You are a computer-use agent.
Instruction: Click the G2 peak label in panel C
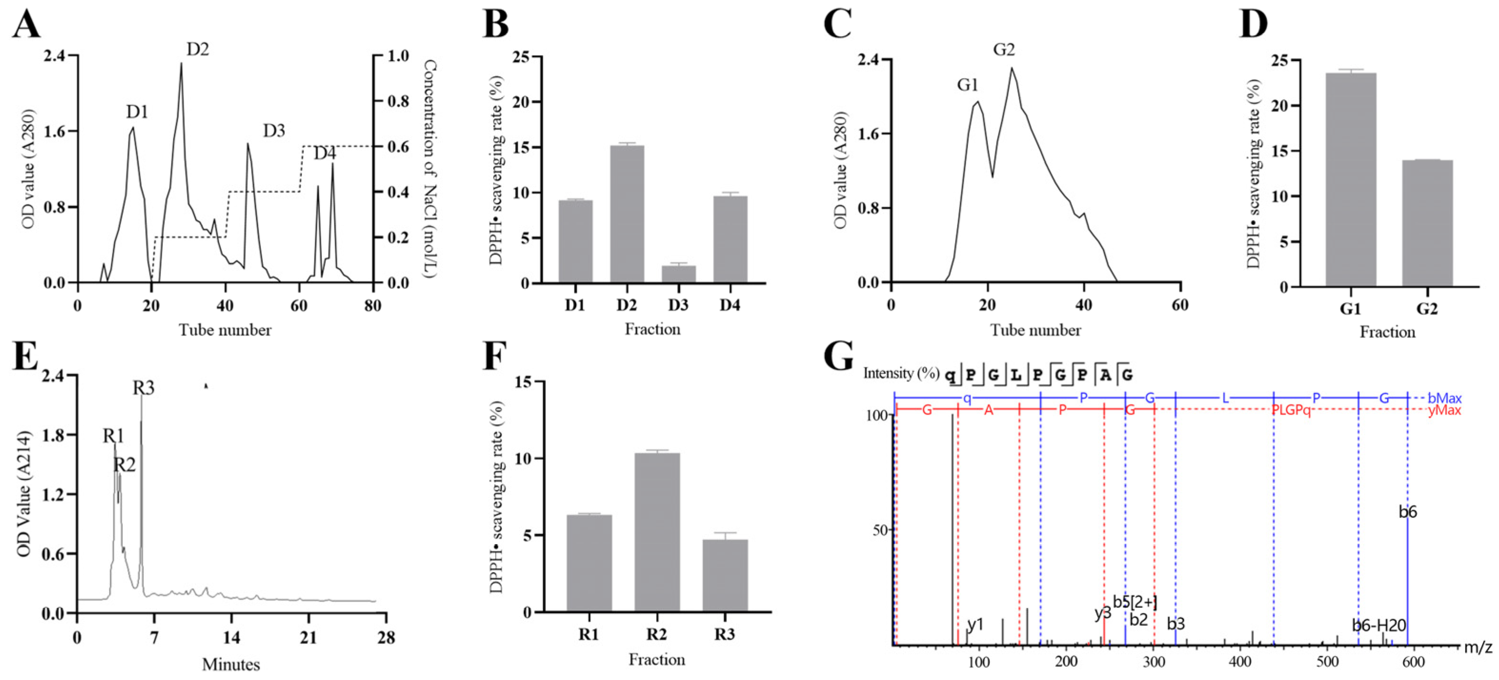coord(1003,50)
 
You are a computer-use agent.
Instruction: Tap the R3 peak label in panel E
coord(143,388)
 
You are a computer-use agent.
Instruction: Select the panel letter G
coord(839,357)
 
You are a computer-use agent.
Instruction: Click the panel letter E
coord(25,357)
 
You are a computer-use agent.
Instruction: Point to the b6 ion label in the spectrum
coord(1407,512)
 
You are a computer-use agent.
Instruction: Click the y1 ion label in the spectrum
coord(975,624)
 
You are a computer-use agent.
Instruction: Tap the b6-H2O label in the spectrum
coord(1379,625)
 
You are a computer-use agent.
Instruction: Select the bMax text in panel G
coord(1444,399)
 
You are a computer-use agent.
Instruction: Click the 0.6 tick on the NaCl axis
coord(398,147)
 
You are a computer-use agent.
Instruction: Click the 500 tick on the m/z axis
coord(1327,662)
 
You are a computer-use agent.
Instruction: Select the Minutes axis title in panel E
coord(230,664)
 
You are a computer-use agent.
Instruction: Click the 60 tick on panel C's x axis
coord(1179,305)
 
